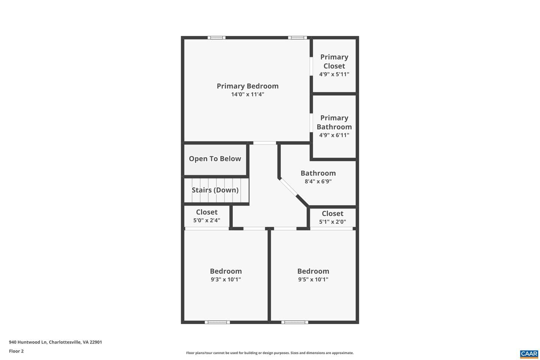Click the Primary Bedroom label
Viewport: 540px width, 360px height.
tap(247, 86)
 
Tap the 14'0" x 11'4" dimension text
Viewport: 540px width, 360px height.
tap(247, 94)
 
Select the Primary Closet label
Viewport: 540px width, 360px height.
tap(334, 61)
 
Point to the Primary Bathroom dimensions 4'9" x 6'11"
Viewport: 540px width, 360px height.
tap(334, 135)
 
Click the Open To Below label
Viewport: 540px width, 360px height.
tap(215, 159)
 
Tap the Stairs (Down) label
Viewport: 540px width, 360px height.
tap(215, 190)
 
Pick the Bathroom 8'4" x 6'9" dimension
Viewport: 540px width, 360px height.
tap(318, 181)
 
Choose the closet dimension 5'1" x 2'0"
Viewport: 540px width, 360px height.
tap(332, 222)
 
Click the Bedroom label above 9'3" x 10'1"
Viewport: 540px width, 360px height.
tap(226, 271)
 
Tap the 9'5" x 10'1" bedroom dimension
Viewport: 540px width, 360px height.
tap(313, 279)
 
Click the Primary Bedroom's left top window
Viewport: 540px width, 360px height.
tap(216, 37)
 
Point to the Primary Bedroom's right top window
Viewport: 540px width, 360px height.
tap(297, 37)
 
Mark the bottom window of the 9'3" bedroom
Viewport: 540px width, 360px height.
tap(217, 322)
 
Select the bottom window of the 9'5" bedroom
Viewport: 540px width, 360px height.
tap(295, 322)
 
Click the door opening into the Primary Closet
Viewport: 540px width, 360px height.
tap(311, 66)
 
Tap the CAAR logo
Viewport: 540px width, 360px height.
tap(529, 354)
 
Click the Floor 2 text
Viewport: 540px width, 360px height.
tap(16, 351)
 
